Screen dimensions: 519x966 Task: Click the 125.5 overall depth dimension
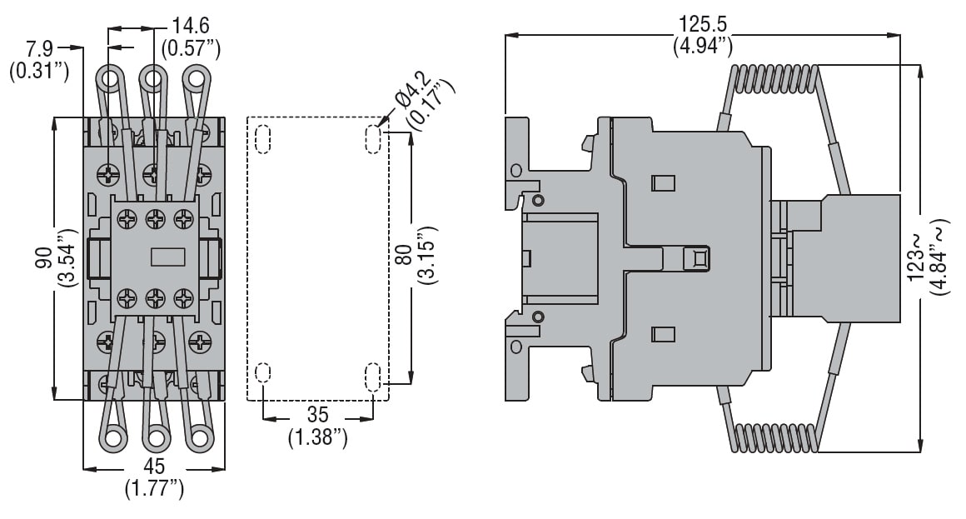pyautogui.click(x=702, y=23)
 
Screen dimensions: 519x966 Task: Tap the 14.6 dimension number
pyautogui.click(x=191, y=25)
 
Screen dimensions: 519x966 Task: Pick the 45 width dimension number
pyautogui.click(x=154, y=467)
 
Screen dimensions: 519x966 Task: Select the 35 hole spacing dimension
pyautogui.click(x=317, y=414)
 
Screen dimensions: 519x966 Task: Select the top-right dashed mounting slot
pyautogui.click(x=372, y=138)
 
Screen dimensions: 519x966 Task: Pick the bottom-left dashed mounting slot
pyautogui.click(x=263, y=377)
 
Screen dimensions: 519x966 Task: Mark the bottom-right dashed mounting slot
pyautogui.click(x=372, y=377)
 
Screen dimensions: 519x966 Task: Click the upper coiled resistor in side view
pyautogui.click(x=774, y=82)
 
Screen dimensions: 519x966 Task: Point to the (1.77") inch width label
pyautogui.click(x=154, y=489)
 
